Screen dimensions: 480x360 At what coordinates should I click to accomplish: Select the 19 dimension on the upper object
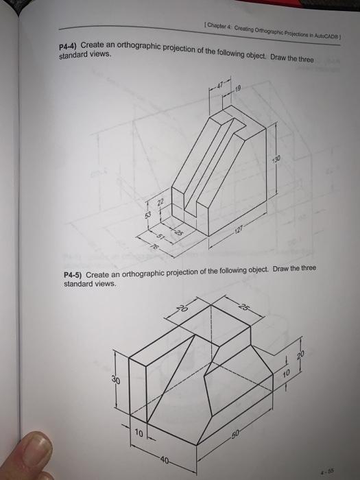238,88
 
